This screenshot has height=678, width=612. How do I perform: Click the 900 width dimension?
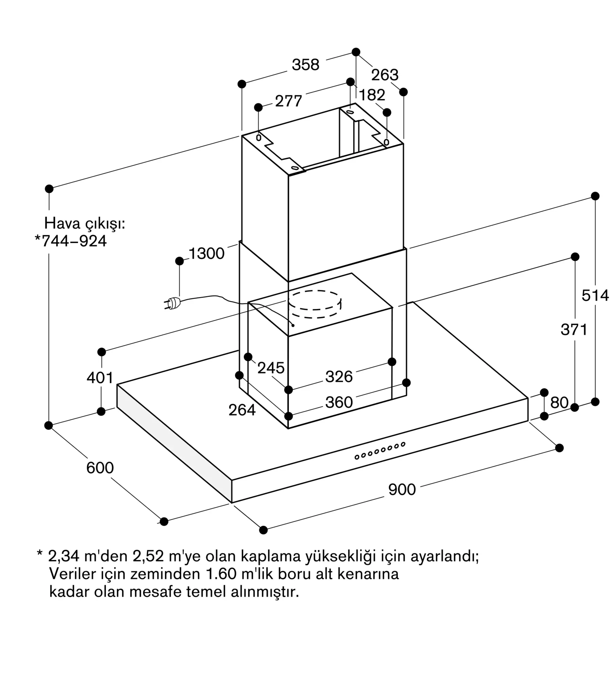pos(402,490)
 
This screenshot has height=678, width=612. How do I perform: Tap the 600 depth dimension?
pos(100,468)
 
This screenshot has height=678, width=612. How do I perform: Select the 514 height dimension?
pos(595,295)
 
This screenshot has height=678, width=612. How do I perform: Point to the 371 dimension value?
pos(574,330)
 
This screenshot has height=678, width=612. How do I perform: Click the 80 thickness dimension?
pos(559,402)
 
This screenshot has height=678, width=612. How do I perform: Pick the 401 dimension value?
pos(100,378)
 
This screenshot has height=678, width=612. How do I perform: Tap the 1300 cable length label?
pos(206,254)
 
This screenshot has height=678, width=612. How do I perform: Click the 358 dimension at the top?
pos(305,64)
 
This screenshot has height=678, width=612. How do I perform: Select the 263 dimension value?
pos(385,75)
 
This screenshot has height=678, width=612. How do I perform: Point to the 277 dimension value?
pos(289,101)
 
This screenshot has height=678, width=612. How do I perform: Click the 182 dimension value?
pos(372,95)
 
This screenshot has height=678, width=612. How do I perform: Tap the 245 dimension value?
pos(271,368)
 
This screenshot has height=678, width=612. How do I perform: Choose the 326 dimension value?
pos(339,377)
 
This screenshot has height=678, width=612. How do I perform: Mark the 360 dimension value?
pos(339,402)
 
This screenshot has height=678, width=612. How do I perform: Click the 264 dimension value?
pos(242,410)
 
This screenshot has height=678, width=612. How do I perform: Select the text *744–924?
pos(71,241)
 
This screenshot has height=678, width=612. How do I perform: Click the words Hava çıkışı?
pos(85,224)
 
